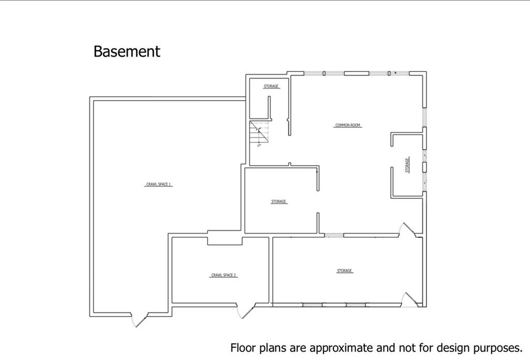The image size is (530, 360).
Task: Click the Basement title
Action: tap(127, 52)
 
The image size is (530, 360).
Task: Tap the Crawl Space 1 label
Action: tap(158, 184)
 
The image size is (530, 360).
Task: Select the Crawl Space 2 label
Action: tap(224, 275)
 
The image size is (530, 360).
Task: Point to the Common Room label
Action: tap(348, 125)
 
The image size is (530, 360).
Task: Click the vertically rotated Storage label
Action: tap(407, 165)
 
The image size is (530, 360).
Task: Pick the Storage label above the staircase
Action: tap(271, 86)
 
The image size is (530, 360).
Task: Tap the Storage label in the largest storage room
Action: tap(344, 271)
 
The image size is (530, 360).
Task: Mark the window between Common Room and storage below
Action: tap(334, 235)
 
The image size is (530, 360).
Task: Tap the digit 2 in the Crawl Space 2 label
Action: tap(235, 275)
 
